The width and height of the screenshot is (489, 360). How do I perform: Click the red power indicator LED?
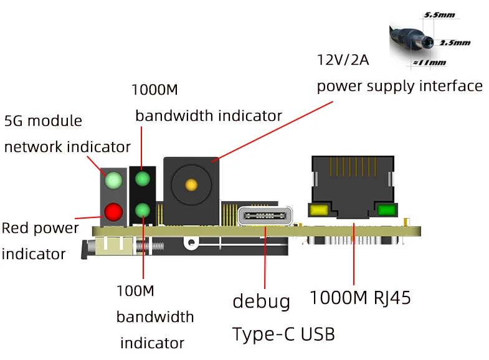[x=113, y=212]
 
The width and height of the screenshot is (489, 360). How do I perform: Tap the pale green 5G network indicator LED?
[x=113, y=180]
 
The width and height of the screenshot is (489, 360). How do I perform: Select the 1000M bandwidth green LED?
[x=143, y=179]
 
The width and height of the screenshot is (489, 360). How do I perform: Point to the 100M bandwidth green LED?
[x=143, y=211]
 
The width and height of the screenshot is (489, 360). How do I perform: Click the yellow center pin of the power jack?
[x=191, y=185]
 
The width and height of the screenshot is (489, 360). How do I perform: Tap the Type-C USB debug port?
[x=265, y=216]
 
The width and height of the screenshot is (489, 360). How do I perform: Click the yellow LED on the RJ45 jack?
[x=318, y=210]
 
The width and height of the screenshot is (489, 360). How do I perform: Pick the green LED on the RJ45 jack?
[x=387, y=210]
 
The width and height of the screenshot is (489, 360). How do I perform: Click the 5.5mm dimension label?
[x=439, y=15]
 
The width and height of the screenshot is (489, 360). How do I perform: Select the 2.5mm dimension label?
[x=455, y=43]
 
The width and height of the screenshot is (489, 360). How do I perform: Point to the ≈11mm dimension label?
[x=430, y=63]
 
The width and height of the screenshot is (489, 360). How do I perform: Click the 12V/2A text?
[x=343, y=60]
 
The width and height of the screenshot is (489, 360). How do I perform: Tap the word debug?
[x=262, y=301]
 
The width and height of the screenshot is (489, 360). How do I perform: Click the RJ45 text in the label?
[x=392, y=298]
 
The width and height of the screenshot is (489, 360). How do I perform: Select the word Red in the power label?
[x=16, y=228]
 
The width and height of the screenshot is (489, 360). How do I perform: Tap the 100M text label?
[x=135, y=291]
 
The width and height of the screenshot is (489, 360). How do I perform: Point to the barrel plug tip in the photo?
[x=429, y=42]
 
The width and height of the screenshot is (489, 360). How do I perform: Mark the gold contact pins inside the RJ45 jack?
[x=353, y=166]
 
